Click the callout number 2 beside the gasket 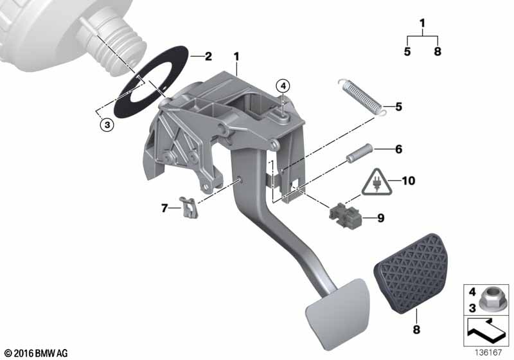tap(208, 57)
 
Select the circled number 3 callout tap(107, 125)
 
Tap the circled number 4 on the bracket tap(283, 86)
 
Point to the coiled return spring tap(362, 97)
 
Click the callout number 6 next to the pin tap(398, 150)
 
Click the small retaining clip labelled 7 tap(189, 208)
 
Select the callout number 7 tap(164, 208)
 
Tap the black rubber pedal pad tap(410, 273)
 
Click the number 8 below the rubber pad tap(416, 330)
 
